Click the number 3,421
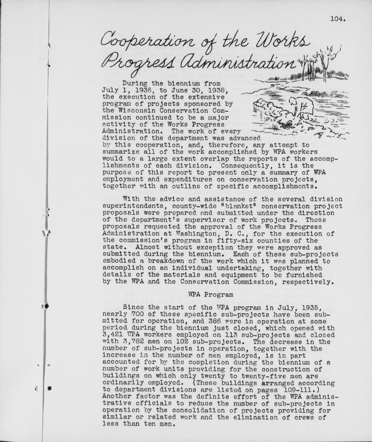tap(113, 335)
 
